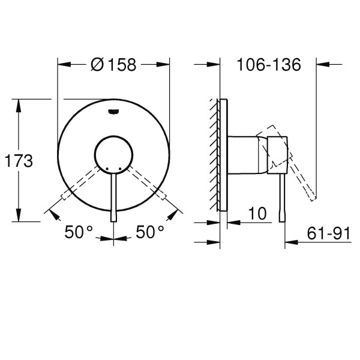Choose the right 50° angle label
pyautogui.click(x=149, y=232)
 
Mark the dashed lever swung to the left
pyautogui.click(x=81, y=184)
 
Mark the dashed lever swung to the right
pyautogui.click(x=145, y=184)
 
